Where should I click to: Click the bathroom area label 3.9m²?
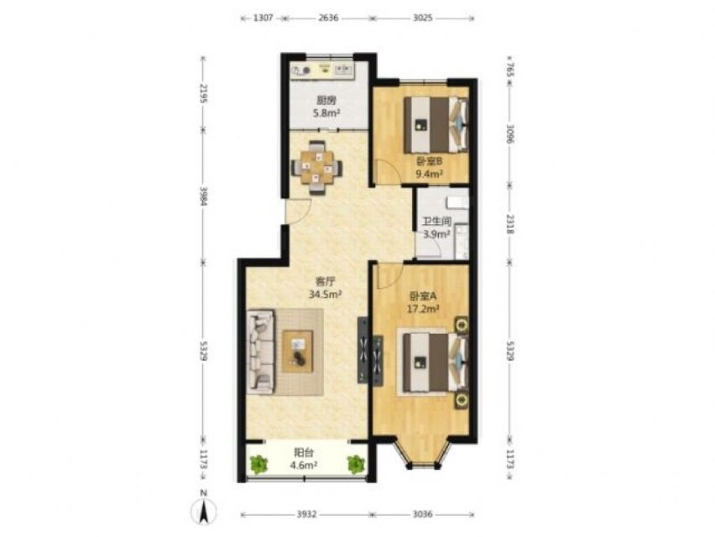click(436, 234)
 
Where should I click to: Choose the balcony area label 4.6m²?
click(304, 465)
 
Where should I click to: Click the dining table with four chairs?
click(316, 168)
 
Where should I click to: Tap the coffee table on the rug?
click(298, 351)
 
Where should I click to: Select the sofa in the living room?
click(261, 352)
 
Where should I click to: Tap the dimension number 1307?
click(263, 18)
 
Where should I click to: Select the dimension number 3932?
click(307, 514)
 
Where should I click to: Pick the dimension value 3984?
click(203, 195)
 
